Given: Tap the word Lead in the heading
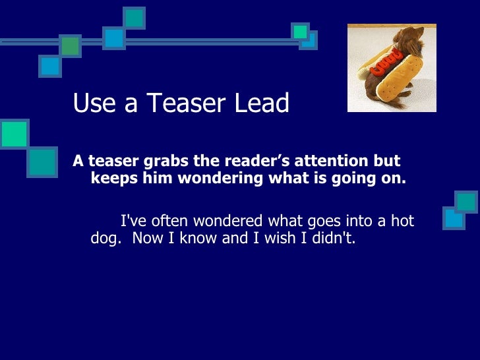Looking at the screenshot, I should [x=263, y=104].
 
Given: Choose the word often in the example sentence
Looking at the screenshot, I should [x=173, y=221].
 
